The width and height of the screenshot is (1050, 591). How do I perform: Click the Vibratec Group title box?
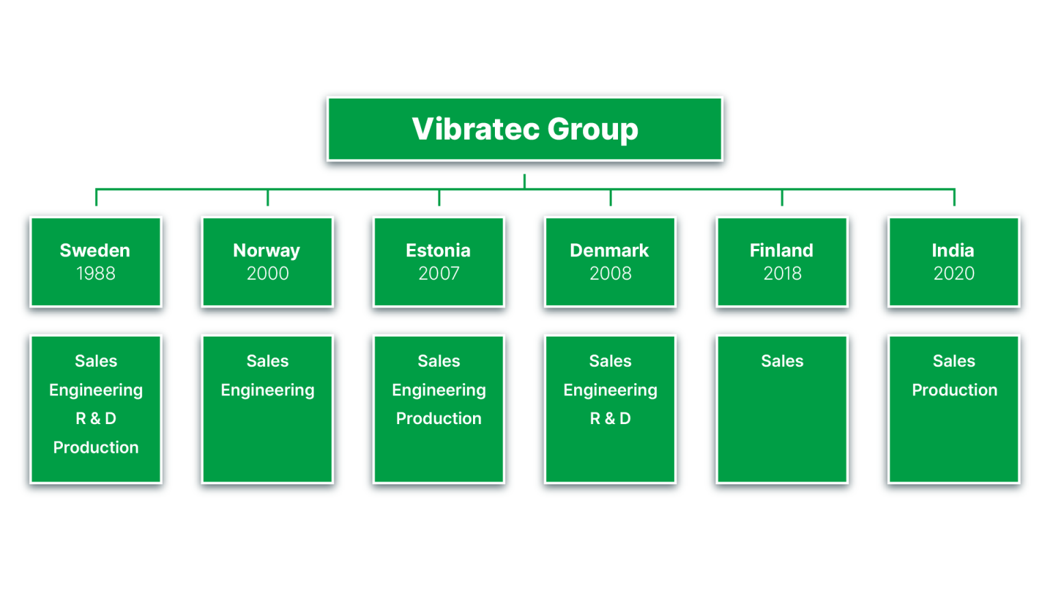coord(524,129)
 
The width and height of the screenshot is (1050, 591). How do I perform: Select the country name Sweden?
coord(95,250)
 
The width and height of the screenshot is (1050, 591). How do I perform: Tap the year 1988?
coord(96,274)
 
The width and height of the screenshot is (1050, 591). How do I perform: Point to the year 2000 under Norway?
coord(267,274)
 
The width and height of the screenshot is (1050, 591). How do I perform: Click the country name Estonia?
coord(438,250)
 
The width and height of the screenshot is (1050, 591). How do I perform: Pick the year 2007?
coord(439,274)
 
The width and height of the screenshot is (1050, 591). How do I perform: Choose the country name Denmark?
coord(609,250)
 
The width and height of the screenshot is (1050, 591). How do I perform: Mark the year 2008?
coord(610,274)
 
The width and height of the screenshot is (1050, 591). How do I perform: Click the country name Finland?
coord(781,250)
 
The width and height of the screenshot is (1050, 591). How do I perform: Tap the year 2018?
coord(782,274)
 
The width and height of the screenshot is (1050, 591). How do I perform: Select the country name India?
coord(953,250)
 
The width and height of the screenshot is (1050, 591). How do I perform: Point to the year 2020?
coord(954,274)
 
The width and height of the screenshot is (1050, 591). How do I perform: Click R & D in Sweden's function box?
coord(96,419)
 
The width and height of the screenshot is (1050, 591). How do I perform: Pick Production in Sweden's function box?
coord(96,447)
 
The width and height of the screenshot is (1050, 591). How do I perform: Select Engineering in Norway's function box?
coord(267,390)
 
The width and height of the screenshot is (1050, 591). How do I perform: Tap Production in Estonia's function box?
coord(439,419)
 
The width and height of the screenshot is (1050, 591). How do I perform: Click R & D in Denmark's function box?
coord(610,419)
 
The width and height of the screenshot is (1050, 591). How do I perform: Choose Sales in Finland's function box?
coord(782,361)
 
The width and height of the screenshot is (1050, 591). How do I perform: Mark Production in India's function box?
coord(954,390)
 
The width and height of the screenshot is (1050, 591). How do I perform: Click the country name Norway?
coord(267,250)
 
